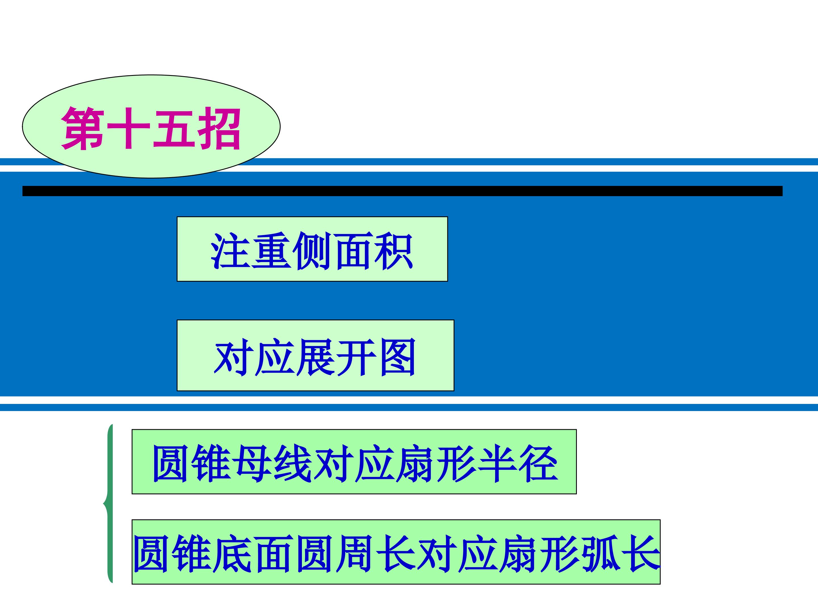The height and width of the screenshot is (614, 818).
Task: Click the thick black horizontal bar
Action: click(402, 191)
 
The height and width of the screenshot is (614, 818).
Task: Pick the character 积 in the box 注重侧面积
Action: click(393, 250)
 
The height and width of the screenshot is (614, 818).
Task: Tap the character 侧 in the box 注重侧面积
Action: click(312, 250)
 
